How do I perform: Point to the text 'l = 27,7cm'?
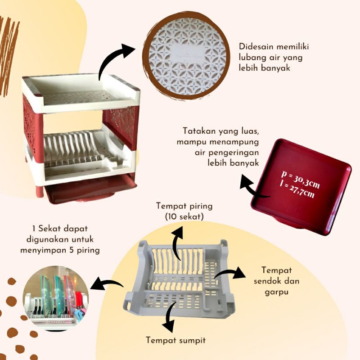pos(297,190)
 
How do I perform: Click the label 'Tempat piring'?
pos(184,207)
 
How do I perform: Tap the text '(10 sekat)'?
pos(184,217)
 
